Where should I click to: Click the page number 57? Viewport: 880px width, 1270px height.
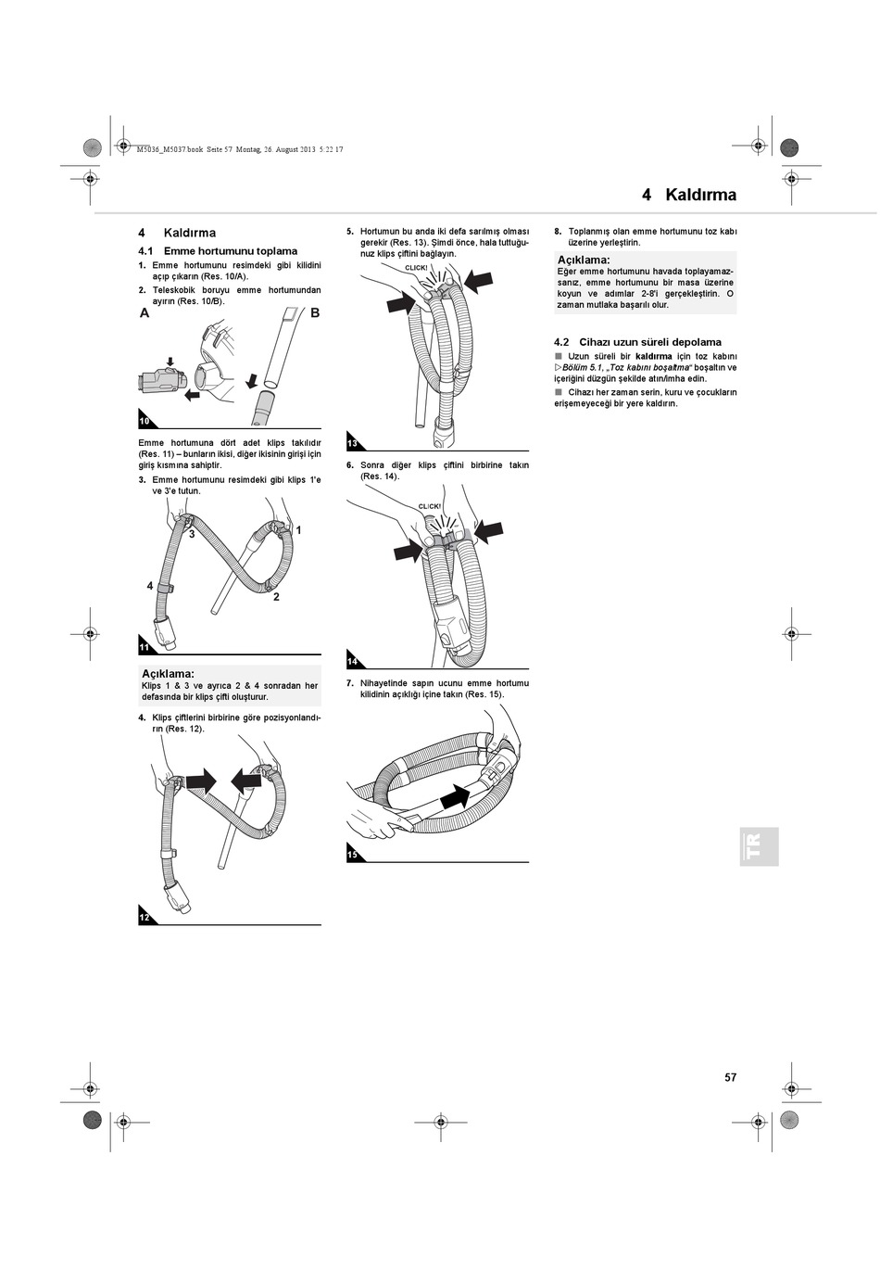coord(731,1077)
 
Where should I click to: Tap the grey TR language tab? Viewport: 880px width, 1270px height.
coord(758,846)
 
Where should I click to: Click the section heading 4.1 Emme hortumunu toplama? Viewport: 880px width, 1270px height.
coord(218,251)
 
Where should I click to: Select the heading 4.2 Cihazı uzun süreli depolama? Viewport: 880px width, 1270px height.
coord(637,342)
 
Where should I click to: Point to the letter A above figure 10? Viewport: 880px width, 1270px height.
coord(145,313)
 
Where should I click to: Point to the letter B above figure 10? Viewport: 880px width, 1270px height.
coord(315,313)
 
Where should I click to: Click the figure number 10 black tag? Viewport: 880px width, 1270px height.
coord(145,421)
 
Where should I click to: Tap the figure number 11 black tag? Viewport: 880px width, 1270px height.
coord(145,647)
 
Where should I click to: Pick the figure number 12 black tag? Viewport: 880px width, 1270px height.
coord(145,917)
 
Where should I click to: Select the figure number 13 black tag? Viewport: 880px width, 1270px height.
coord(353,443)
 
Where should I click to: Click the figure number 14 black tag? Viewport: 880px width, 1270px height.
coord(353,661)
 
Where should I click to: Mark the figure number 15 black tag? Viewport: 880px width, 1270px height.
coord(353,855)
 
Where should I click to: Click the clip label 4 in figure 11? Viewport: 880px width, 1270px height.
coord(150,586)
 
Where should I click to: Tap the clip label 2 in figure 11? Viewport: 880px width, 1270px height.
coord(276,597)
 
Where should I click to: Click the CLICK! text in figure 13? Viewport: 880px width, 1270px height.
coord(417,268)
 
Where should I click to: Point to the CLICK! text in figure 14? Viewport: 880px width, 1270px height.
coord(430,507)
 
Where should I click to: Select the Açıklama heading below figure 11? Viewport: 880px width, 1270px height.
coord(168,673)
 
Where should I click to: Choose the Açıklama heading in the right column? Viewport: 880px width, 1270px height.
coord(584,260)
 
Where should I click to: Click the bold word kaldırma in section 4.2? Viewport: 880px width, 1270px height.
coord(653,356)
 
